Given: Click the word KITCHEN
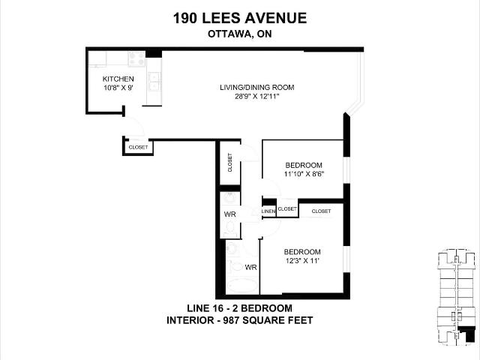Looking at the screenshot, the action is [118, 79].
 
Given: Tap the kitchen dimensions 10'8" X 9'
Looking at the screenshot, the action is [118, 88].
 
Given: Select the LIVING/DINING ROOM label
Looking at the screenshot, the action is [257, 87].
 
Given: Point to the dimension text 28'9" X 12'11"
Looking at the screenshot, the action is [257, 97].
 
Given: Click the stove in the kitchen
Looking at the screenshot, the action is [136, 59].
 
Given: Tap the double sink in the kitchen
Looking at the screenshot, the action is [154, 82].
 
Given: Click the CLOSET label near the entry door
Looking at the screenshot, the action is [138, 147].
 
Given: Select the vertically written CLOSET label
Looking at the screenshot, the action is [230, 163].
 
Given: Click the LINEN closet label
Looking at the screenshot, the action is [268, 211].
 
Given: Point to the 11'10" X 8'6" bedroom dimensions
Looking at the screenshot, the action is [304, 175].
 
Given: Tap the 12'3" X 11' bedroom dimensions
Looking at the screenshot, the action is [302, 261].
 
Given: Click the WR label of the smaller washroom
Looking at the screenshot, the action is [230, 214].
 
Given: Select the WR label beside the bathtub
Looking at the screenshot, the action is [250, 267].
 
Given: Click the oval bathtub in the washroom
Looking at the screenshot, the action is [242, 286].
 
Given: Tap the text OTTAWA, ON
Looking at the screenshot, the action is [240, 34].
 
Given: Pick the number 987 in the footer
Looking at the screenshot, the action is [232, 320].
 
